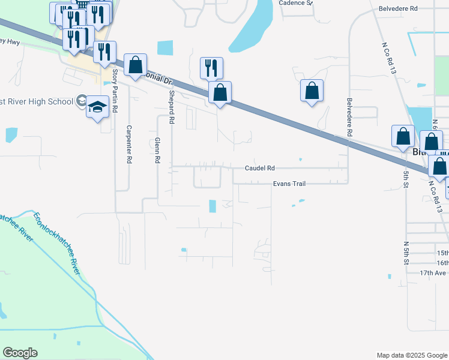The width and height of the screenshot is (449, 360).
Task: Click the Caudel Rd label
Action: pyautogui.click(x=259, y=169)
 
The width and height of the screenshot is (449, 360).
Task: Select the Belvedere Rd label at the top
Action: pyautogui.click(x=397, y=9)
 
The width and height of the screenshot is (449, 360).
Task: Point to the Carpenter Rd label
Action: pyautogui.click(x=128, y=145)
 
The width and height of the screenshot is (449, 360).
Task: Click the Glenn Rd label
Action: pyautogui.click(x=157, y=150)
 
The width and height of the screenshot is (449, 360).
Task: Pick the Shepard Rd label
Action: pyautogui.click(x=171, y=110)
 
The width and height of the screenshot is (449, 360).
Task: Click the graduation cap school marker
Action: pyautogui.click(x=97, y=107)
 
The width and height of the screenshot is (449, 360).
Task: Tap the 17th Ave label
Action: pyautogui.click(x=433, y=272)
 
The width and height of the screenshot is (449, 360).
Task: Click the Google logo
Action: pyautogui.click(x=20, y=353)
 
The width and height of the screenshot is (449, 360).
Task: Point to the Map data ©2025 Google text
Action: pyautogui.click(x=412, y=355)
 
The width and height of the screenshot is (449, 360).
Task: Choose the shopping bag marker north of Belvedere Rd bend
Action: pyautogui.click(x=312, y=91)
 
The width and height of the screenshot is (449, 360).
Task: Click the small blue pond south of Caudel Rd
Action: pyautogui.click(x=212, y=206)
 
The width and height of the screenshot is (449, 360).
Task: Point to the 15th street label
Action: pyautogui.click(x=442, y=253)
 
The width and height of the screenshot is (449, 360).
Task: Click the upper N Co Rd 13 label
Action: pyautogui.click(x=390, y=59)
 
